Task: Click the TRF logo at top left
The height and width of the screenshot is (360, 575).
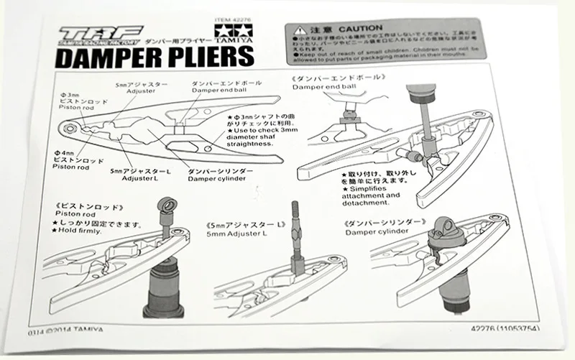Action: [x=92, y=37]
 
